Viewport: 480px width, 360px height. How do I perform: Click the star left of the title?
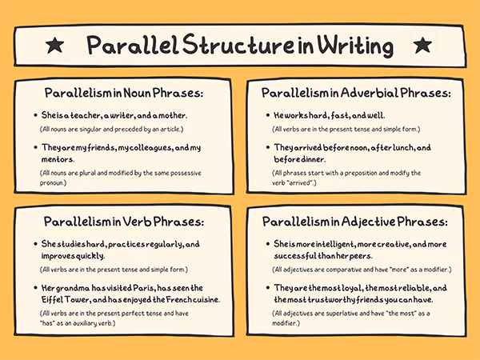click(54, 45)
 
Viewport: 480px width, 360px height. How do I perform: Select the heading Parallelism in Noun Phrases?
click(124, 94)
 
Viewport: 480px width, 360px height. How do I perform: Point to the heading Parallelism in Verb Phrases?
click(124, 221)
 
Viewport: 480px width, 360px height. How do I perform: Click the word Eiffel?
click(57, 299)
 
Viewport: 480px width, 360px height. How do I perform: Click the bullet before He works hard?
click(266, 115)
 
